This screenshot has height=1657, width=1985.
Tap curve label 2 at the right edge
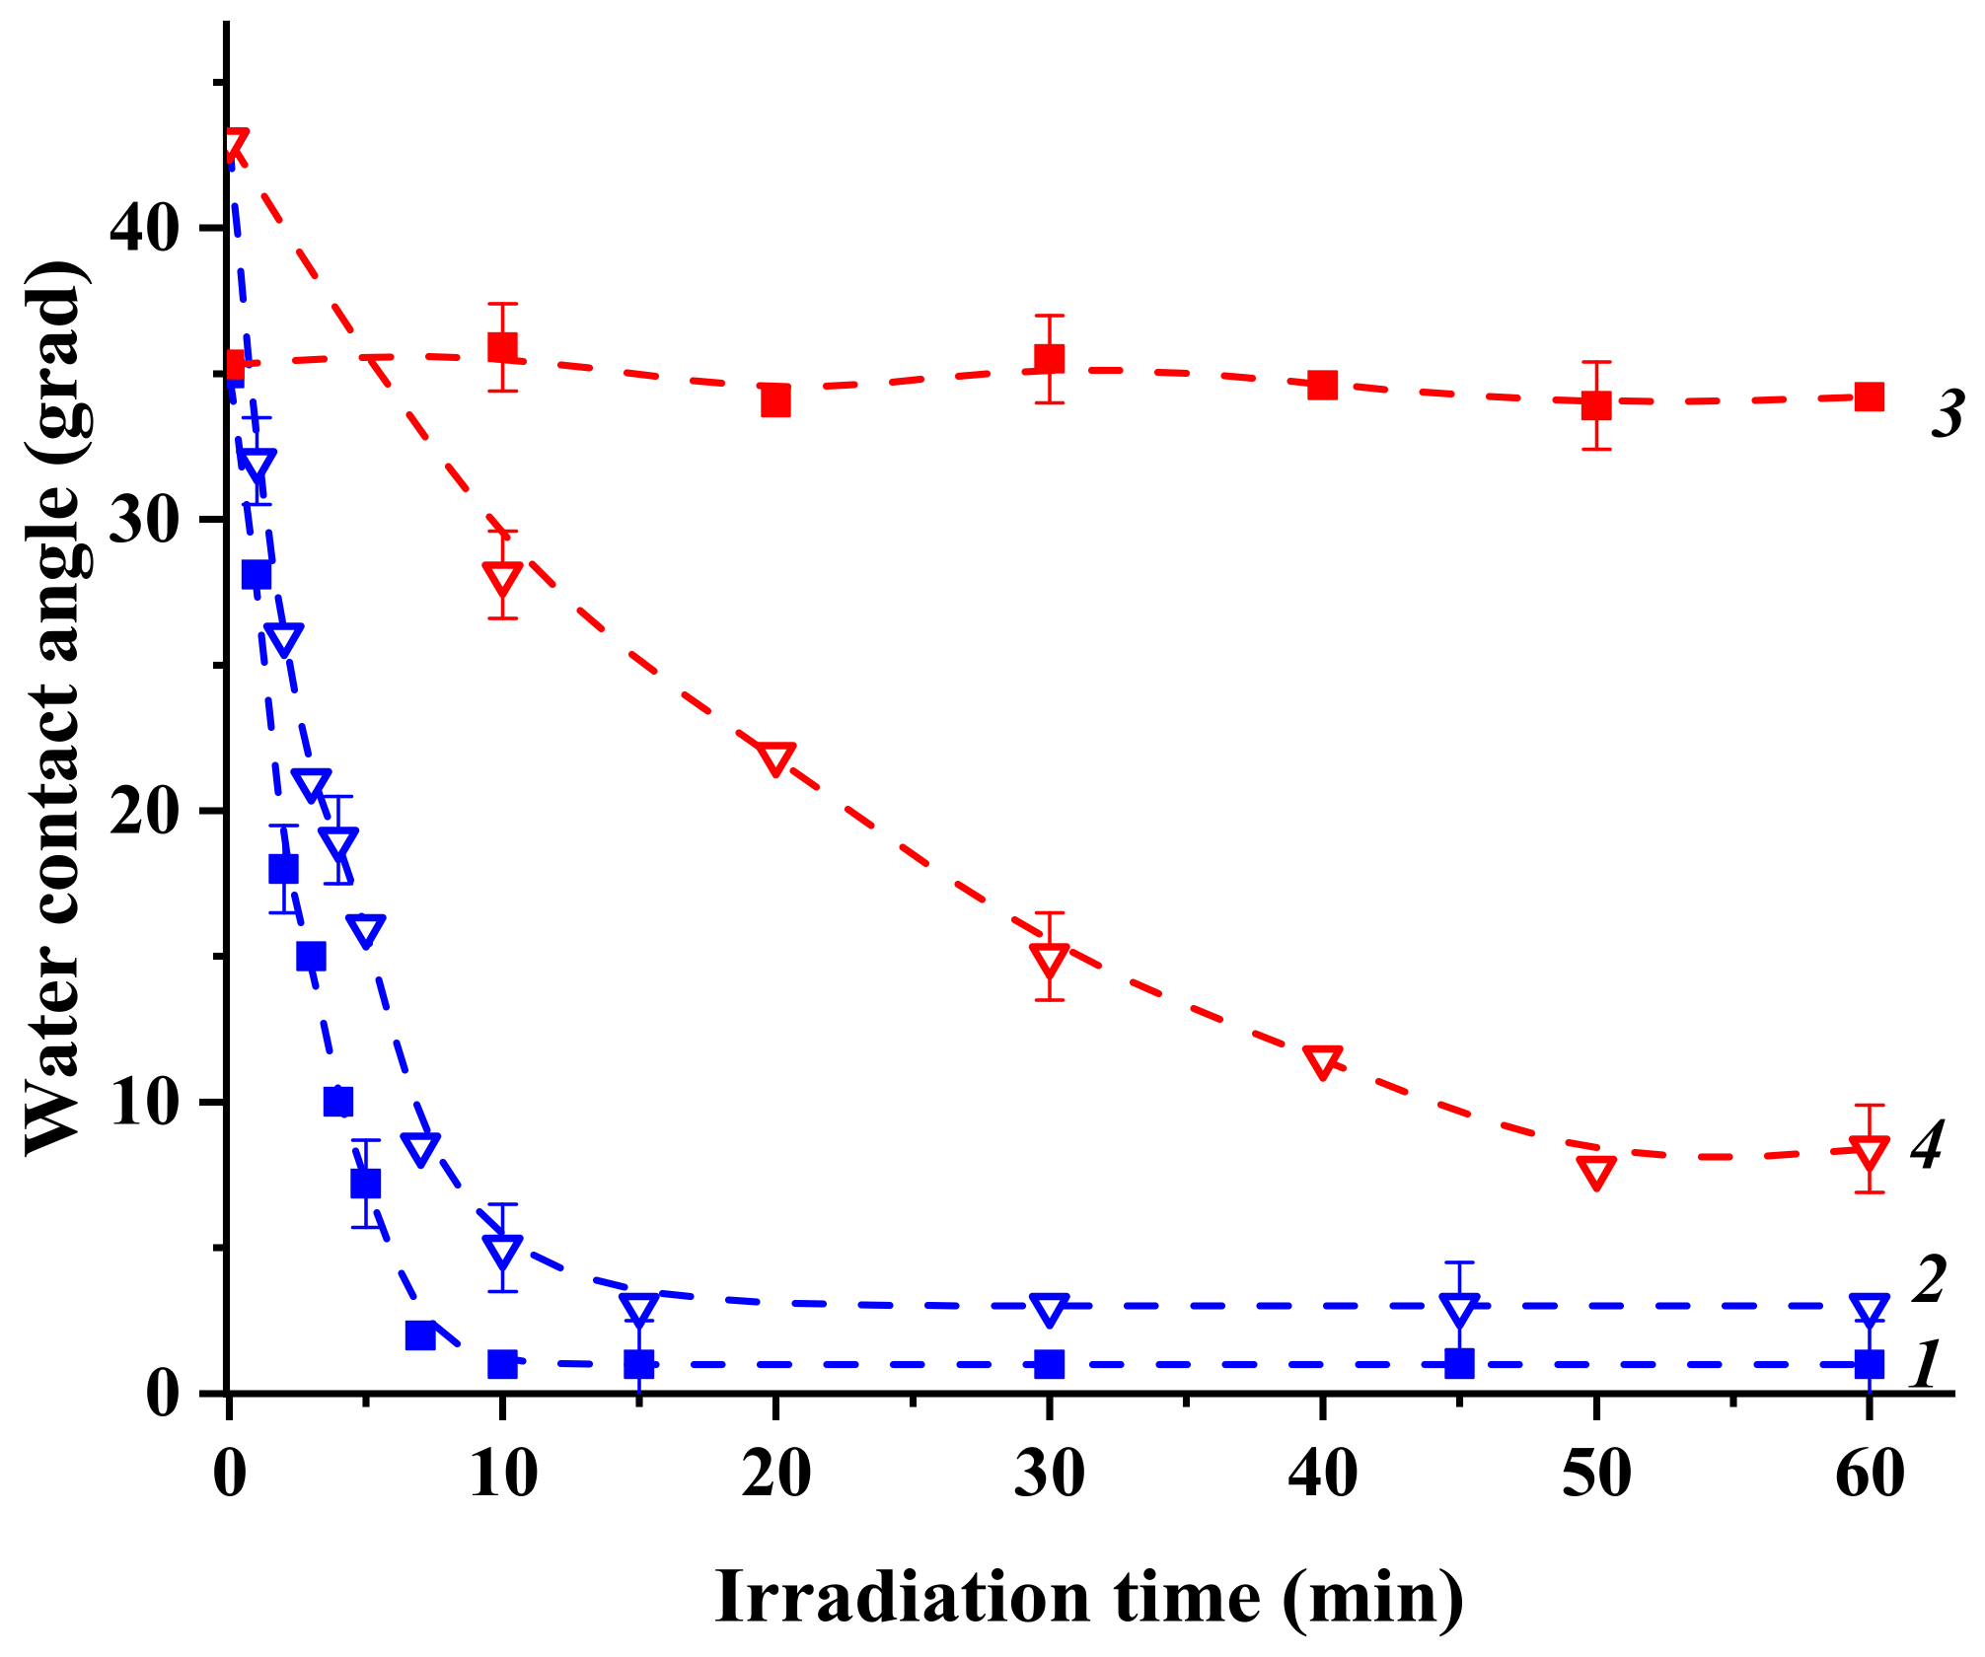click(1928, 1279)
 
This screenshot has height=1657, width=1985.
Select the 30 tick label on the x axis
click(1050, 1476)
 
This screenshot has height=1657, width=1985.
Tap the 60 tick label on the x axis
click(1869, 1476)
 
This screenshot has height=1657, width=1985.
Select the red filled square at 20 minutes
click(775, 400)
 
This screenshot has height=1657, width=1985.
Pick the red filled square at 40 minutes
click(1322, 385)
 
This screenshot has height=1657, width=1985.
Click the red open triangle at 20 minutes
click(775, 759)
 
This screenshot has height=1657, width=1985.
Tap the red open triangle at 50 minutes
click(1595, 1171)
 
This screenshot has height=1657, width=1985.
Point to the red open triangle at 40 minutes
click(1322, 1062)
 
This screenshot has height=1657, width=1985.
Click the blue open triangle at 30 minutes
click(1050, 1310)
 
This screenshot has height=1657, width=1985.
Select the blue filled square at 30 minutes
click(1050, 1364)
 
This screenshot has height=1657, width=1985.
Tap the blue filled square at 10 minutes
click(502, 1364)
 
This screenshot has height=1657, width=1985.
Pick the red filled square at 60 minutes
click(1869, 396)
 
